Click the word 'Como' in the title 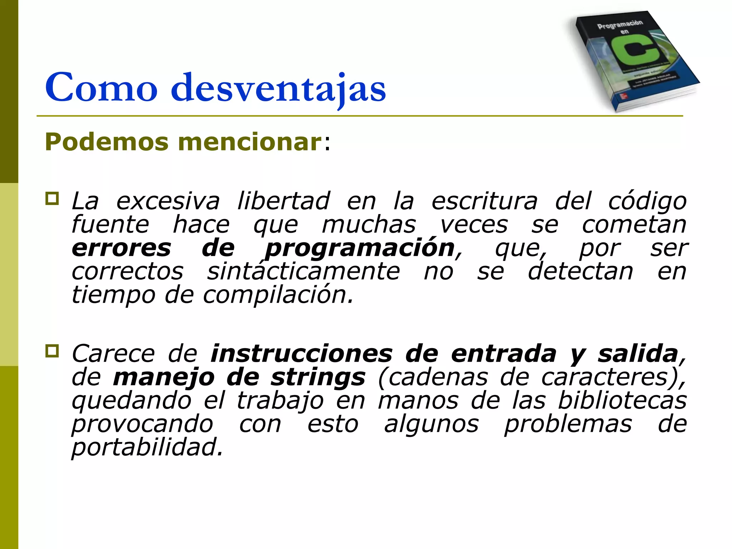pyautogui.click(x=101, y=88)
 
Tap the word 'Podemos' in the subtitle pyautogui.click(x=107, y=142)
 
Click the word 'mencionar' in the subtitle pyautogui.click(x=250, y=142)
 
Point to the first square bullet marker pyautogui.click(x=52, y=198)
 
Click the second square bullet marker pyautogui.click(x=52, y=351)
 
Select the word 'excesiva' pyautogui.click(x=168, y=201)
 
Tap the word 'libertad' pyautogui.click(x=283, y=201)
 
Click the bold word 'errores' pyautogui.click(x=122, y=248)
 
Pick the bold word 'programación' pyautogui.click(x=360, y=249)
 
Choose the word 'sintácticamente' pyautogui.click(x=303, y=272)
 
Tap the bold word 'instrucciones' pyautogui.click(x=301, y=354)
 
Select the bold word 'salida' pyautogui.click(x=638, y=354)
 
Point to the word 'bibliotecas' pyautogui.click(x=622, y=401)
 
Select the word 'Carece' pyautogui.click(x=113, y=354)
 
